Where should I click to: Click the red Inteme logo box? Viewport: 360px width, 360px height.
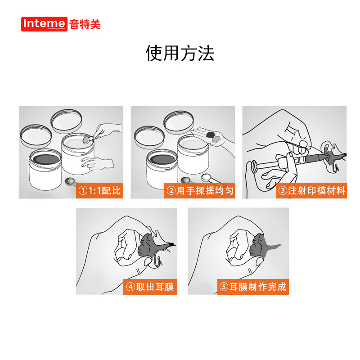click(45, 24)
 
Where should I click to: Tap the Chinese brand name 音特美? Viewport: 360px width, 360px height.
click(85, 24)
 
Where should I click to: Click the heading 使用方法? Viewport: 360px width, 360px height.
click(180, 53)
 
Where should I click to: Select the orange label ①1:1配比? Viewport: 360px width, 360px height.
click(99, 190)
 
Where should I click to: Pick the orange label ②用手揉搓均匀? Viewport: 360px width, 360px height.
click(200, 190)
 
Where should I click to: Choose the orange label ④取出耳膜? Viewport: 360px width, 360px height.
click(150, 287)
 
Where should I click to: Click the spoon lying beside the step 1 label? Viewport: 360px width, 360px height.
click(69, 181)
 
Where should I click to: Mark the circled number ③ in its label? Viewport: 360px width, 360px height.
click(283, 190)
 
